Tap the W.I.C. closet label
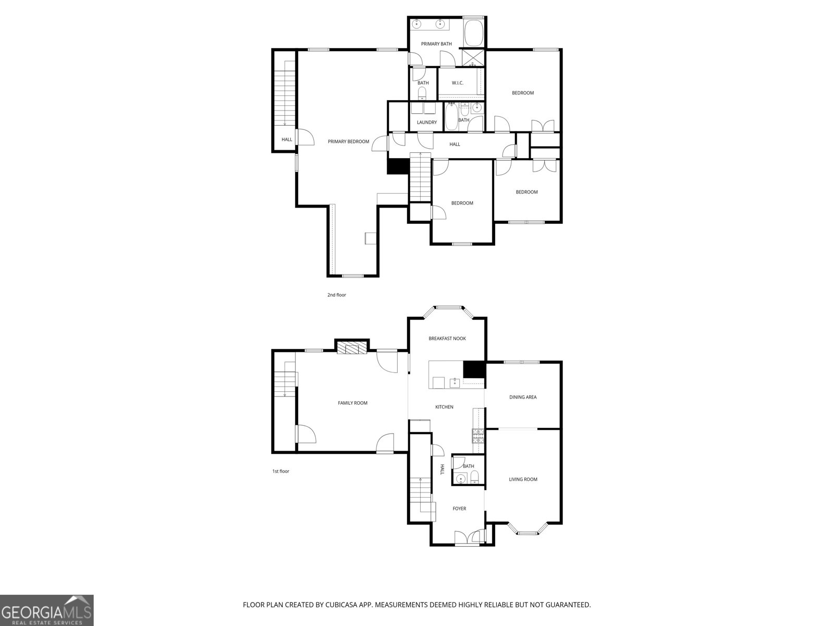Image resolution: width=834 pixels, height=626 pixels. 457,83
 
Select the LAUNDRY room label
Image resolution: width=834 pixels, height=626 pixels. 426,123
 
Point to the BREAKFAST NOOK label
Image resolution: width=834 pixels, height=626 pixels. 447,339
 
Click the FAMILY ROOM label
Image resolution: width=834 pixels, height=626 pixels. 352,403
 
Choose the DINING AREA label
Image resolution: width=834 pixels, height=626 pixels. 522,397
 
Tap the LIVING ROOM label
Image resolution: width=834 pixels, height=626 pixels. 523,479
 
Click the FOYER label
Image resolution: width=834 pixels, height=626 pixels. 459,509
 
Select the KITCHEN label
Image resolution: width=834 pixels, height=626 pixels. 444,407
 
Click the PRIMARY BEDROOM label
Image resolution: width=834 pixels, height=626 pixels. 348,141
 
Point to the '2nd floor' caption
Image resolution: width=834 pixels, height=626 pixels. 336,295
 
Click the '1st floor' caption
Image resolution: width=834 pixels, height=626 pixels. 280,472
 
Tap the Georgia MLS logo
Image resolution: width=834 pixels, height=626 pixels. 46,610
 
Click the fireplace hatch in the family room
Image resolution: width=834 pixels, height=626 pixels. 351,348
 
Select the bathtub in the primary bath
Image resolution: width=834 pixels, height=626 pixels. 473,32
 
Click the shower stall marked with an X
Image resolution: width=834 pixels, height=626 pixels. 473,58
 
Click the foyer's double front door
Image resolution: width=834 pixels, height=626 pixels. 468,537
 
